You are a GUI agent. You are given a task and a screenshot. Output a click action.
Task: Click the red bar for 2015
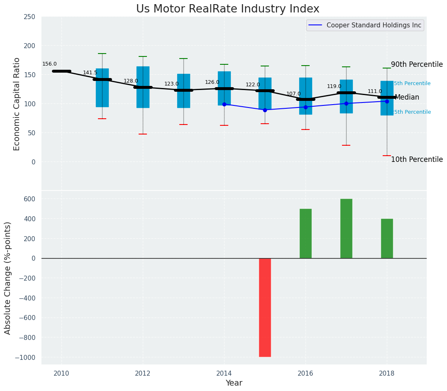click(x=265, y=307)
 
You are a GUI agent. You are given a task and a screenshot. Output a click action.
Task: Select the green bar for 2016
click(x=305, y=233)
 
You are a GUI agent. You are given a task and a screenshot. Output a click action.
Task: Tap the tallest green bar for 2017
click(x=346, y=228)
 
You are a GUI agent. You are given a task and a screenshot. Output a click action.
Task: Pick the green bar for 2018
click(x=387, y=238)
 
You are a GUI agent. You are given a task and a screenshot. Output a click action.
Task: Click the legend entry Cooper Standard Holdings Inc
click(x=374, y=25)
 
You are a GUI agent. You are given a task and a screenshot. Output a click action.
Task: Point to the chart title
click(x=227, y=9)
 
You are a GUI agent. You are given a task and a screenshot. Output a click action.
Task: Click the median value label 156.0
click(x=49, y=64)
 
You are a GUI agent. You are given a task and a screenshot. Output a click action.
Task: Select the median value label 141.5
click(x=90, y=73)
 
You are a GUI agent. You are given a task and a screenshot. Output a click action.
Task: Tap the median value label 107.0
click(x=293, y=94)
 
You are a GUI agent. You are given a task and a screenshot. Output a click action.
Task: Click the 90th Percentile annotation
click(x=417, y=65)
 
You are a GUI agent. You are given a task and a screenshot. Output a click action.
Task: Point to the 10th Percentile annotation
click(x=417, y=160)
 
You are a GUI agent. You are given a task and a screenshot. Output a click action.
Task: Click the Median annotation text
click(x=407, y=98)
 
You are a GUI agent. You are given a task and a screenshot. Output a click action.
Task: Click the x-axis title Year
click(x=234, y=383)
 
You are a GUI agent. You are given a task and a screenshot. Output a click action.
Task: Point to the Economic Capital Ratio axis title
click(x=17, y=104)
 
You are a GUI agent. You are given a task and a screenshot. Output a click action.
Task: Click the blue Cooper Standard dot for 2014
click(x=224, y=104)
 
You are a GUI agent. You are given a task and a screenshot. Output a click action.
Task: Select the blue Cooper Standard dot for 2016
click(x=305, y=107)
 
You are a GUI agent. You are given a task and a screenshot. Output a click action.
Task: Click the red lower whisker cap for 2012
click(x=143, y=134)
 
